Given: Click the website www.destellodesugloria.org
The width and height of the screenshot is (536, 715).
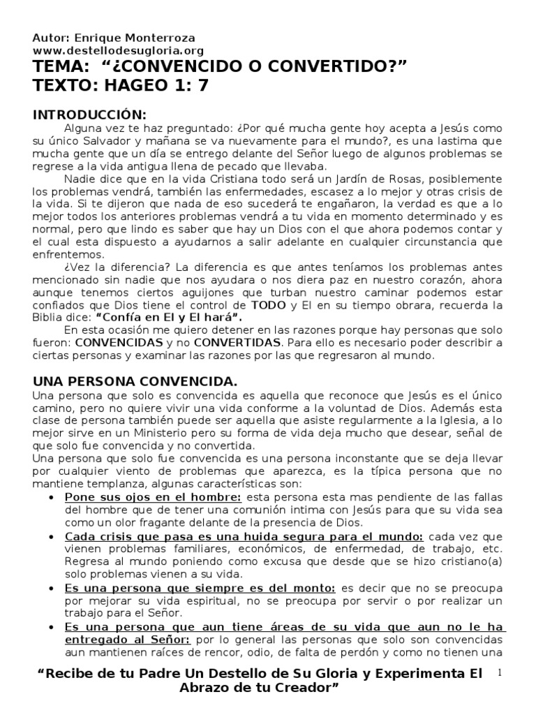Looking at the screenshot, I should click(119, 51).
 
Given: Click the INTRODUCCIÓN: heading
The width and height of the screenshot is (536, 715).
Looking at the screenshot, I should click(91, 115).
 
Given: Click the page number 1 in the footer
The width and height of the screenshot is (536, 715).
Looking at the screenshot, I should click(500, 672).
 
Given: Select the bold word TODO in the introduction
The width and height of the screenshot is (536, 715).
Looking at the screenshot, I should click(268, 305).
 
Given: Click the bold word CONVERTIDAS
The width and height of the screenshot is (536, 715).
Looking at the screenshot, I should click(236, 343).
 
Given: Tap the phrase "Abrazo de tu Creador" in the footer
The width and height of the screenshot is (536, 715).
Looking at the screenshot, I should click(259, 688).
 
